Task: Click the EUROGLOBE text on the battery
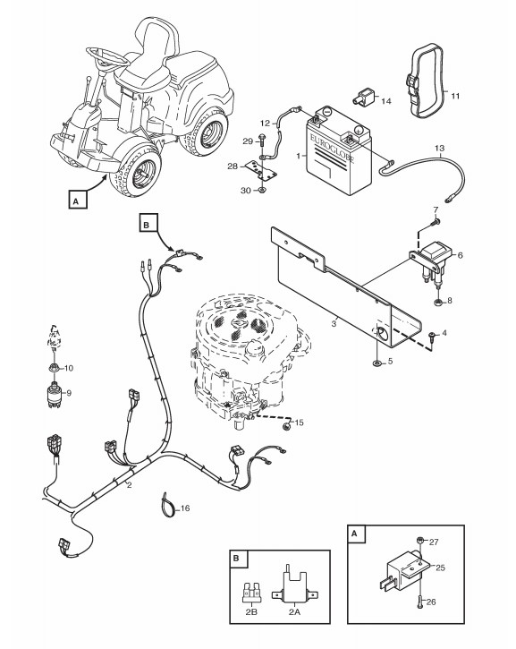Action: click(x=332, y=146)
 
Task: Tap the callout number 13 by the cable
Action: click(x=439, y=149)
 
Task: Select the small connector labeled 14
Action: click(x=362, y=97)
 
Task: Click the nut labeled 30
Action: click(x=261, y=191)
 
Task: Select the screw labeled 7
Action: click(x=434, y=223)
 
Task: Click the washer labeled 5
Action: click(x=377, y=363)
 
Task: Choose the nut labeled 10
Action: click(x=54, y=367)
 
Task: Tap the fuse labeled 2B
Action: click(x=250, y=593)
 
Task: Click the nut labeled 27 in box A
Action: click(x=419, y=540)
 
